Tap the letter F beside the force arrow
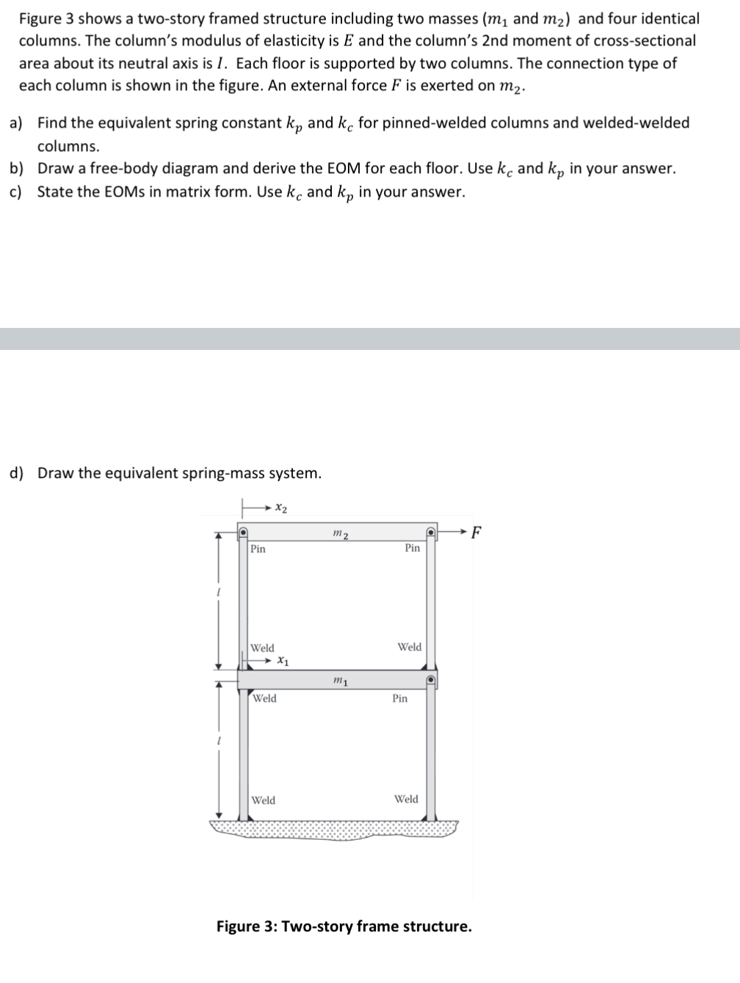(476, 532)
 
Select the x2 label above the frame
(280, 508)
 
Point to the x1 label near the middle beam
(282, 662)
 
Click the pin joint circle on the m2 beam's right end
(432, 531)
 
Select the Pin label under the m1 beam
(399, 698)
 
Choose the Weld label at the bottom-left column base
(264, 800)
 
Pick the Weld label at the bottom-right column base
(406, 799)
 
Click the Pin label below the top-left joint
(258, 549)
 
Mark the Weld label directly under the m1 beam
(264, 698)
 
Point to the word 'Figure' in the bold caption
(238, 926)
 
